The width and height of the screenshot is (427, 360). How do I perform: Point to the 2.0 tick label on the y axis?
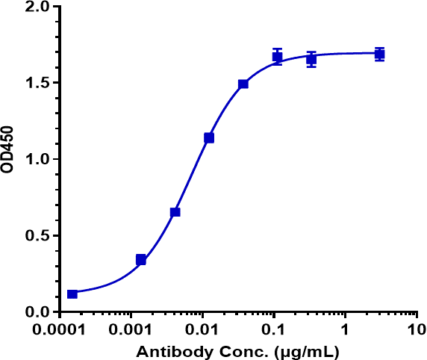pyautogui.click(x=37, y=7)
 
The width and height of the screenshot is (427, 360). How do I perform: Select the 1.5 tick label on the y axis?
pyautogui.click(x=37, y=83)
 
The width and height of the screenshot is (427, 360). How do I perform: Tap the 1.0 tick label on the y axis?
pyautogui.click(x=37, y=159)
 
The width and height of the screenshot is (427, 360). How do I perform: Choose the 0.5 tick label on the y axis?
pyautogui.click(x=37, y=236)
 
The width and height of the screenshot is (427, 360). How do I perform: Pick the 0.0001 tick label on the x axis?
pyautogui.click(x=60, y=329)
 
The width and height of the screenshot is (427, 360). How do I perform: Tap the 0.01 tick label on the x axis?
pyautogui.click(x=202, y=329)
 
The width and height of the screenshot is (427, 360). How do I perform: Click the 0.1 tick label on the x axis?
pyautogui.click(x=274, y=329)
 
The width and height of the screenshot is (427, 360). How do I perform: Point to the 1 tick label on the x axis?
pyautogui.click(x=345, y=329)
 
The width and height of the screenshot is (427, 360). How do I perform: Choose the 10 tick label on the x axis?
pyautogui.click(x=416, y=329)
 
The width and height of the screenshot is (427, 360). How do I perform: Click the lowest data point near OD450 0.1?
pyautogui.click(x=72, y=294)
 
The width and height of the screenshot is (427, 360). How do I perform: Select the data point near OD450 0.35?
pyautogui.click(x=141, y=260)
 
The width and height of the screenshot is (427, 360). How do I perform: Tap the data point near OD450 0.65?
pyautogui.click(x=175, y=212)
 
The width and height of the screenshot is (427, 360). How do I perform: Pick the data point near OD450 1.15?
pyautogui.click(x=209, y=138)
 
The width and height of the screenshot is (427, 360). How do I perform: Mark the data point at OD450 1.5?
pyautogui.click(x=243, y=84)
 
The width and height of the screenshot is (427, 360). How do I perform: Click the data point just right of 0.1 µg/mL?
pyautogui.click(x=277, y=57)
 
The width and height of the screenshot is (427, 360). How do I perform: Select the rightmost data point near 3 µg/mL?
pyautogui.click(x=379, y=54)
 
